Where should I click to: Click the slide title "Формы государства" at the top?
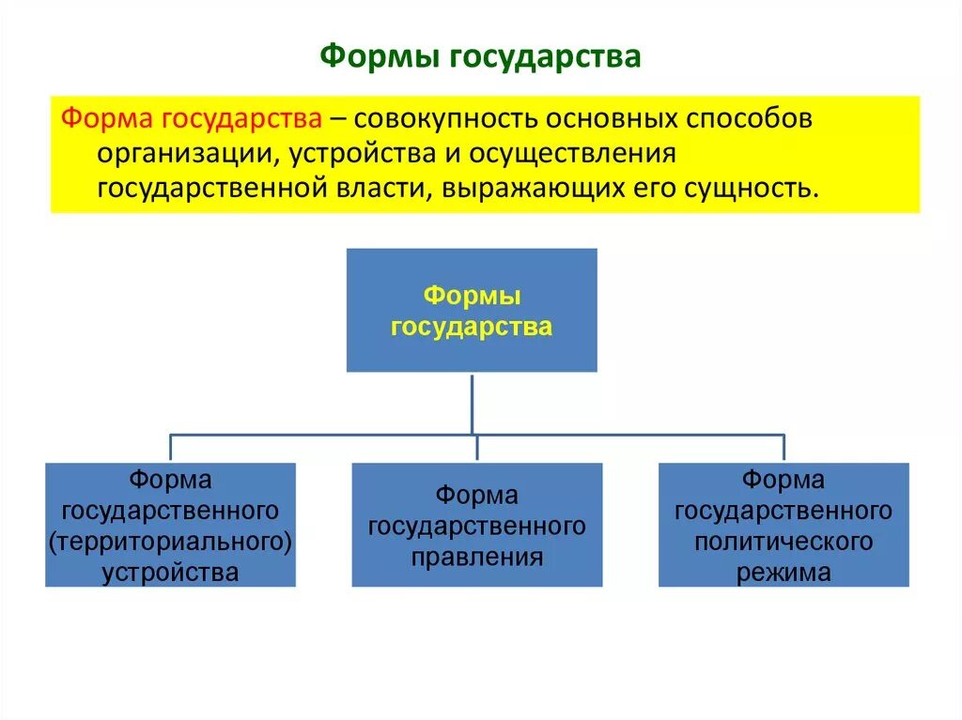[480, 56]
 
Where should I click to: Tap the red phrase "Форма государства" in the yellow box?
[192, 120]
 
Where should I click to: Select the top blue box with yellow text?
[472, 310]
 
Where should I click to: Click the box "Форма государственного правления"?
[477, 526]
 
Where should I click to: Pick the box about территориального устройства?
[170, 526]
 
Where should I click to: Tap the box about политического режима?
[784, 526]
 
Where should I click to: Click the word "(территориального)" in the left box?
[170, 542]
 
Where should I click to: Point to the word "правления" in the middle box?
[477, 557]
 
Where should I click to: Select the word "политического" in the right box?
[784, 542]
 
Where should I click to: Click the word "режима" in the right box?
[784, 573]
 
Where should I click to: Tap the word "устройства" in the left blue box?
[170, 572]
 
